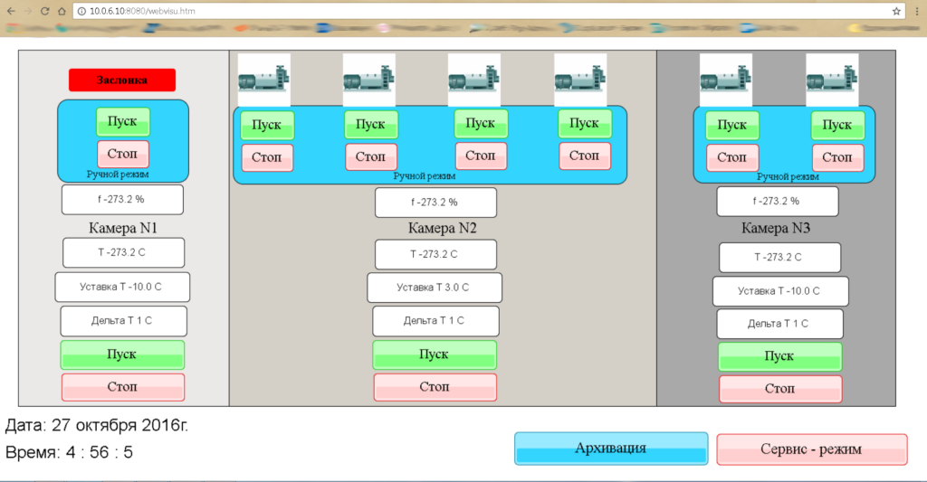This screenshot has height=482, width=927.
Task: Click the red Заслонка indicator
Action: pyautogui.click(x=121, y=80)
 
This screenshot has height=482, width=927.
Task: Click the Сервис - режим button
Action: pyautogui.click(x=811, y=449)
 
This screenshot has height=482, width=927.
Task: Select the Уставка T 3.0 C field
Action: pyautogui.click(x=434, y=288)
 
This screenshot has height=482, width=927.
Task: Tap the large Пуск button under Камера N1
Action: pyautogui.click(x=122, y=354)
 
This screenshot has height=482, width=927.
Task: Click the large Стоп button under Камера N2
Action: pyautogui.click(x=434, y=387)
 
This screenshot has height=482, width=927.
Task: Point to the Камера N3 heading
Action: pyautogui.click(x=776, y=228)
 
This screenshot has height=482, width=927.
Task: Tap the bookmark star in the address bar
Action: pyautogui.click(x=896, y=11)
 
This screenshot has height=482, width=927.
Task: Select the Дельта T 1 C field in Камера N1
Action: pyautogui.click(x=124, y=321)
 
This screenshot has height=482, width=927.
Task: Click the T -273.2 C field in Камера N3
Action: pyautogui.click(x=779, y=257)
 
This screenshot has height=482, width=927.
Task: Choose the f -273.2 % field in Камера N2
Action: pyautogui.click(x=435, y=203)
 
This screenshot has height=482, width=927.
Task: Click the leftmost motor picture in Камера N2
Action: pyautogui.click(x=263, y=80)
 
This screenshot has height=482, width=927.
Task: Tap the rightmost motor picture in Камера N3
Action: pyautogui.click(x=832, y=80)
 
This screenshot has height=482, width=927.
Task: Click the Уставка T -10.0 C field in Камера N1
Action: pyautogui.click(x=122, y=287)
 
